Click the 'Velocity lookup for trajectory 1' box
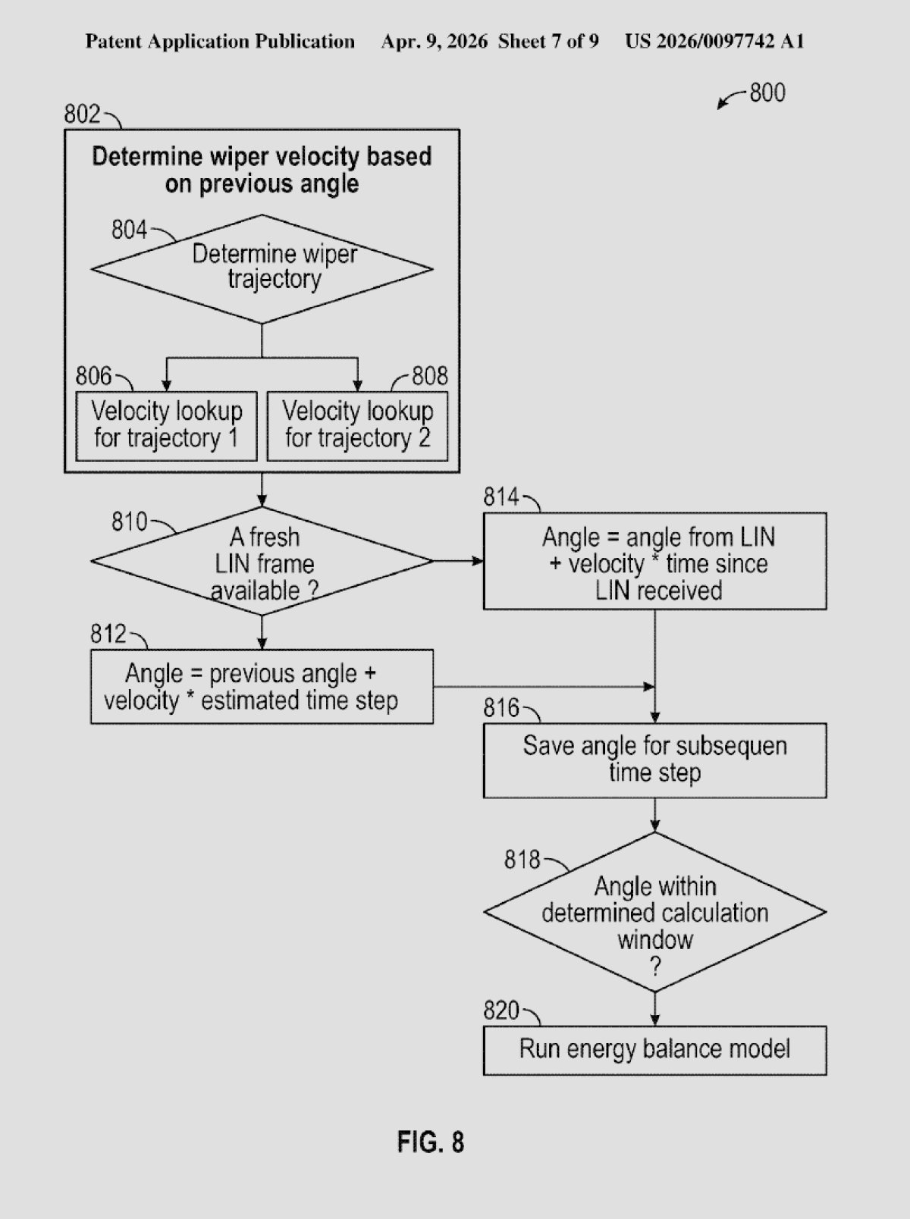[167, 425]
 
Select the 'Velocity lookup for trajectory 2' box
[357, 425]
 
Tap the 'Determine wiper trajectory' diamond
[262, 268]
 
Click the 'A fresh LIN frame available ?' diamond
[262, 562]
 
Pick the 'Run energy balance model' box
[654, 1050]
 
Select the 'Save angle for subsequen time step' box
[654, 760]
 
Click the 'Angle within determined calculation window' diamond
[654, 913]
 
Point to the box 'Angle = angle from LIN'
[654, 562]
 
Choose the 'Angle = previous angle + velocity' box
[262, 687]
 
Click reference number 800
[767, 93]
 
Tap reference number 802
[82, 114]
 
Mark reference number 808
[430, 376]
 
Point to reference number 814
[501, 497]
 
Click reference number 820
[501, 1011]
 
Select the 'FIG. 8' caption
[430, 1142]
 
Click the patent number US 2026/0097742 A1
[714, 41]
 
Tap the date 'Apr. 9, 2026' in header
[434, 41]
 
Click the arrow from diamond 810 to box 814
[458, 561]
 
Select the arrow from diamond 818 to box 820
[654, 1009]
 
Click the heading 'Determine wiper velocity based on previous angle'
[262, 170]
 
